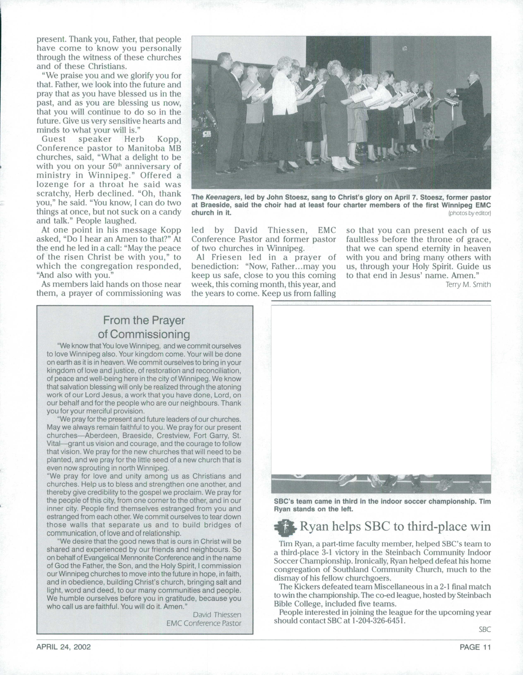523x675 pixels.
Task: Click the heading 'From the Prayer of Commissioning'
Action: (144, 327)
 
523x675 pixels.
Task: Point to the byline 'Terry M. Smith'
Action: (468, 284)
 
